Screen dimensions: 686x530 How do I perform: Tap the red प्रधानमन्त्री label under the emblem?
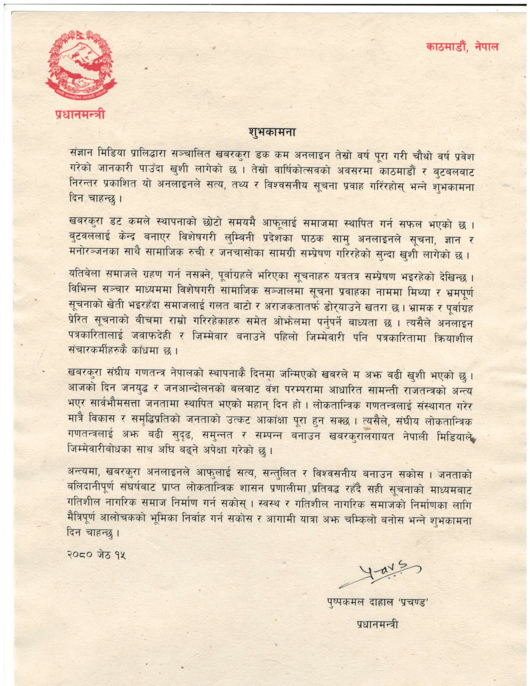coord(80,114)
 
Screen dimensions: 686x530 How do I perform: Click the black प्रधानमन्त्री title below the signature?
coord(377,625)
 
